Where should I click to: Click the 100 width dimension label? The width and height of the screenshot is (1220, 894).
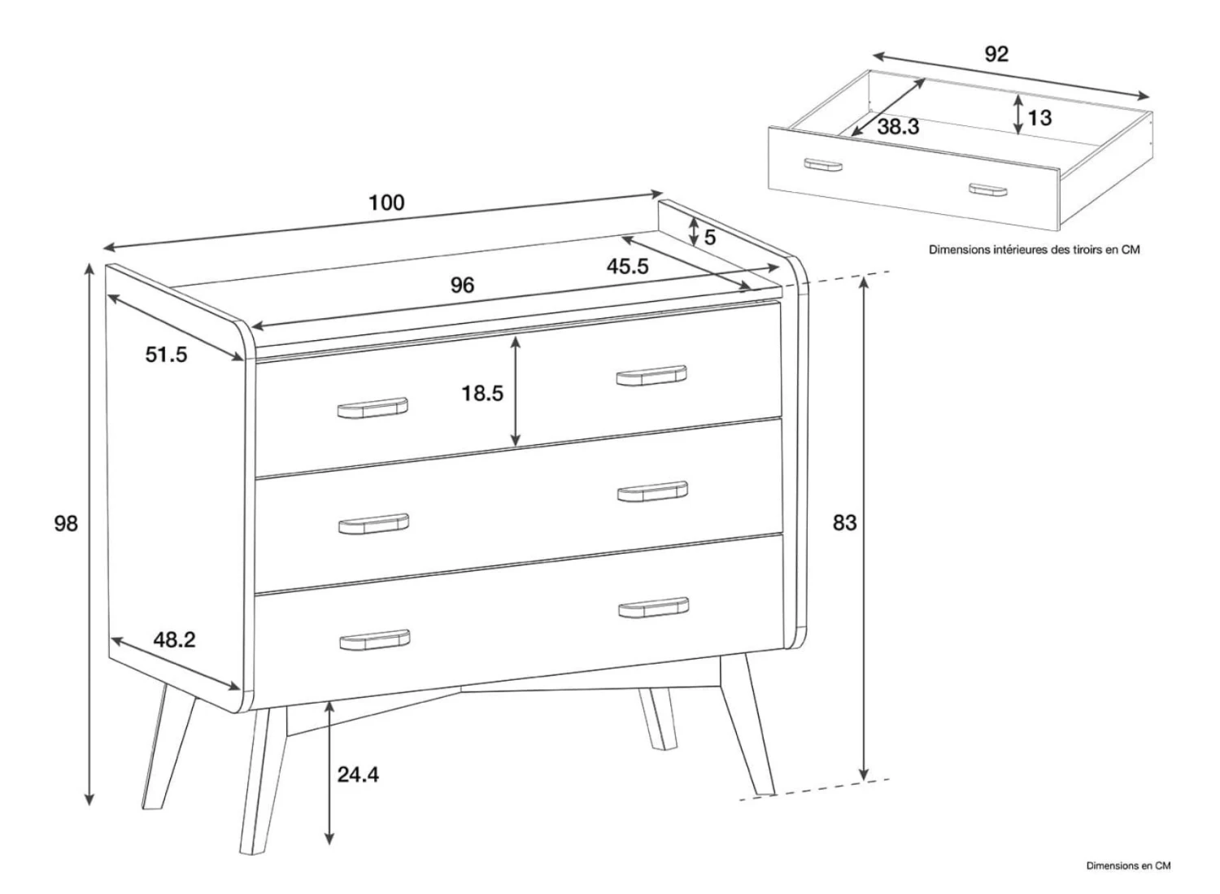pyautogui.click(x=386, y=203)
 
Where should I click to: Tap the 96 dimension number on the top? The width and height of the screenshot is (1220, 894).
pyautogui.click(x=463, y=285)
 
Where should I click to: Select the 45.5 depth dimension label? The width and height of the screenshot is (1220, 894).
pyautogui.click(x=627, y=266)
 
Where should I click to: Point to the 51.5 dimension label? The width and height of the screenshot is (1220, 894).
pyautogui.click(x=166, y=355)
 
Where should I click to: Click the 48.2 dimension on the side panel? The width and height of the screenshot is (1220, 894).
pyautogui.click(x=174, y=639)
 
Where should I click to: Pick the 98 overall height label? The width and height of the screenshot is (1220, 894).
pyautogui.click(x=66, y=524)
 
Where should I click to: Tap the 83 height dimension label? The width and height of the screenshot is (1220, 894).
pyautogui.click(x=845, y=522)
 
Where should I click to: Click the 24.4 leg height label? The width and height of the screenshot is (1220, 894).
pyautogui.click(x=358, y=774)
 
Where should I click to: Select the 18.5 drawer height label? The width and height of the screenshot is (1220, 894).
pyautogui.click(x=482, y=394)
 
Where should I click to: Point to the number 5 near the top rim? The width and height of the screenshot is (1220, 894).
pyautogui.click(x=710, y=238)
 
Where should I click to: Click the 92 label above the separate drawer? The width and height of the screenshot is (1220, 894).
pyautogui.click(x=996, y=54)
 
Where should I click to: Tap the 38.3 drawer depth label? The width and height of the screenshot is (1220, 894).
pyautogui.click(x=898, y=127)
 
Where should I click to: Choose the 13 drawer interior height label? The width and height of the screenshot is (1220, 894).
pyautogui.click(x=1039, y=118)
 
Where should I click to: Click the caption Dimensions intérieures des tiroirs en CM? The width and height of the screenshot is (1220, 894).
pyautogui.click(x=1035, y=250)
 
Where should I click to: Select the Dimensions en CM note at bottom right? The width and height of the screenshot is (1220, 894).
pyautogui.click(x=1129, y=866)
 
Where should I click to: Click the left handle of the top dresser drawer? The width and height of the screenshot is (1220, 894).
pyautogui.click(x=373, y=408)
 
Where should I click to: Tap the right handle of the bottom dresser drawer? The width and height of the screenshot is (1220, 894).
pyautogui.click(x=654, y=608)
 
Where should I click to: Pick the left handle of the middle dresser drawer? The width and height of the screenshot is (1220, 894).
pyautogui.click(x=373, y=524)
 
